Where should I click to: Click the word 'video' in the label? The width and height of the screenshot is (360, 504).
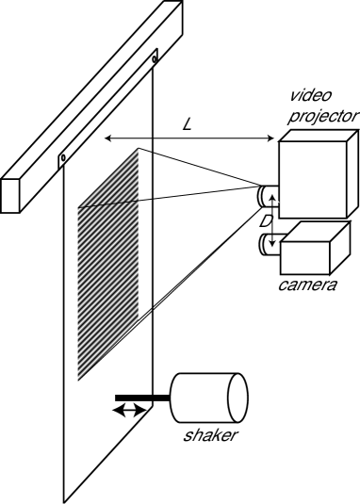[x=310, y=97]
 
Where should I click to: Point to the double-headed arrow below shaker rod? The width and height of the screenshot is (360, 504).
[x=130, y=412]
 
